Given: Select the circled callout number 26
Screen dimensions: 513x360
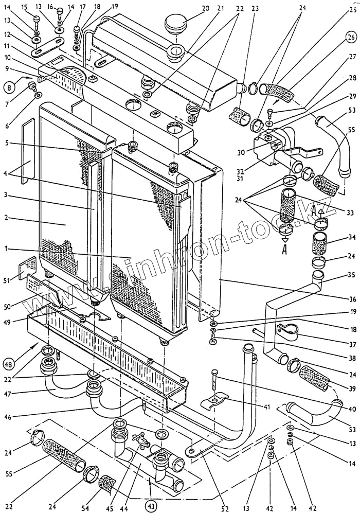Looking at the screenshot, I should [350, 38].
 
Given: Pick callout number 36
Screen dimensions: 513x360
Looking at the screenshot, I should [351, 299].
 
